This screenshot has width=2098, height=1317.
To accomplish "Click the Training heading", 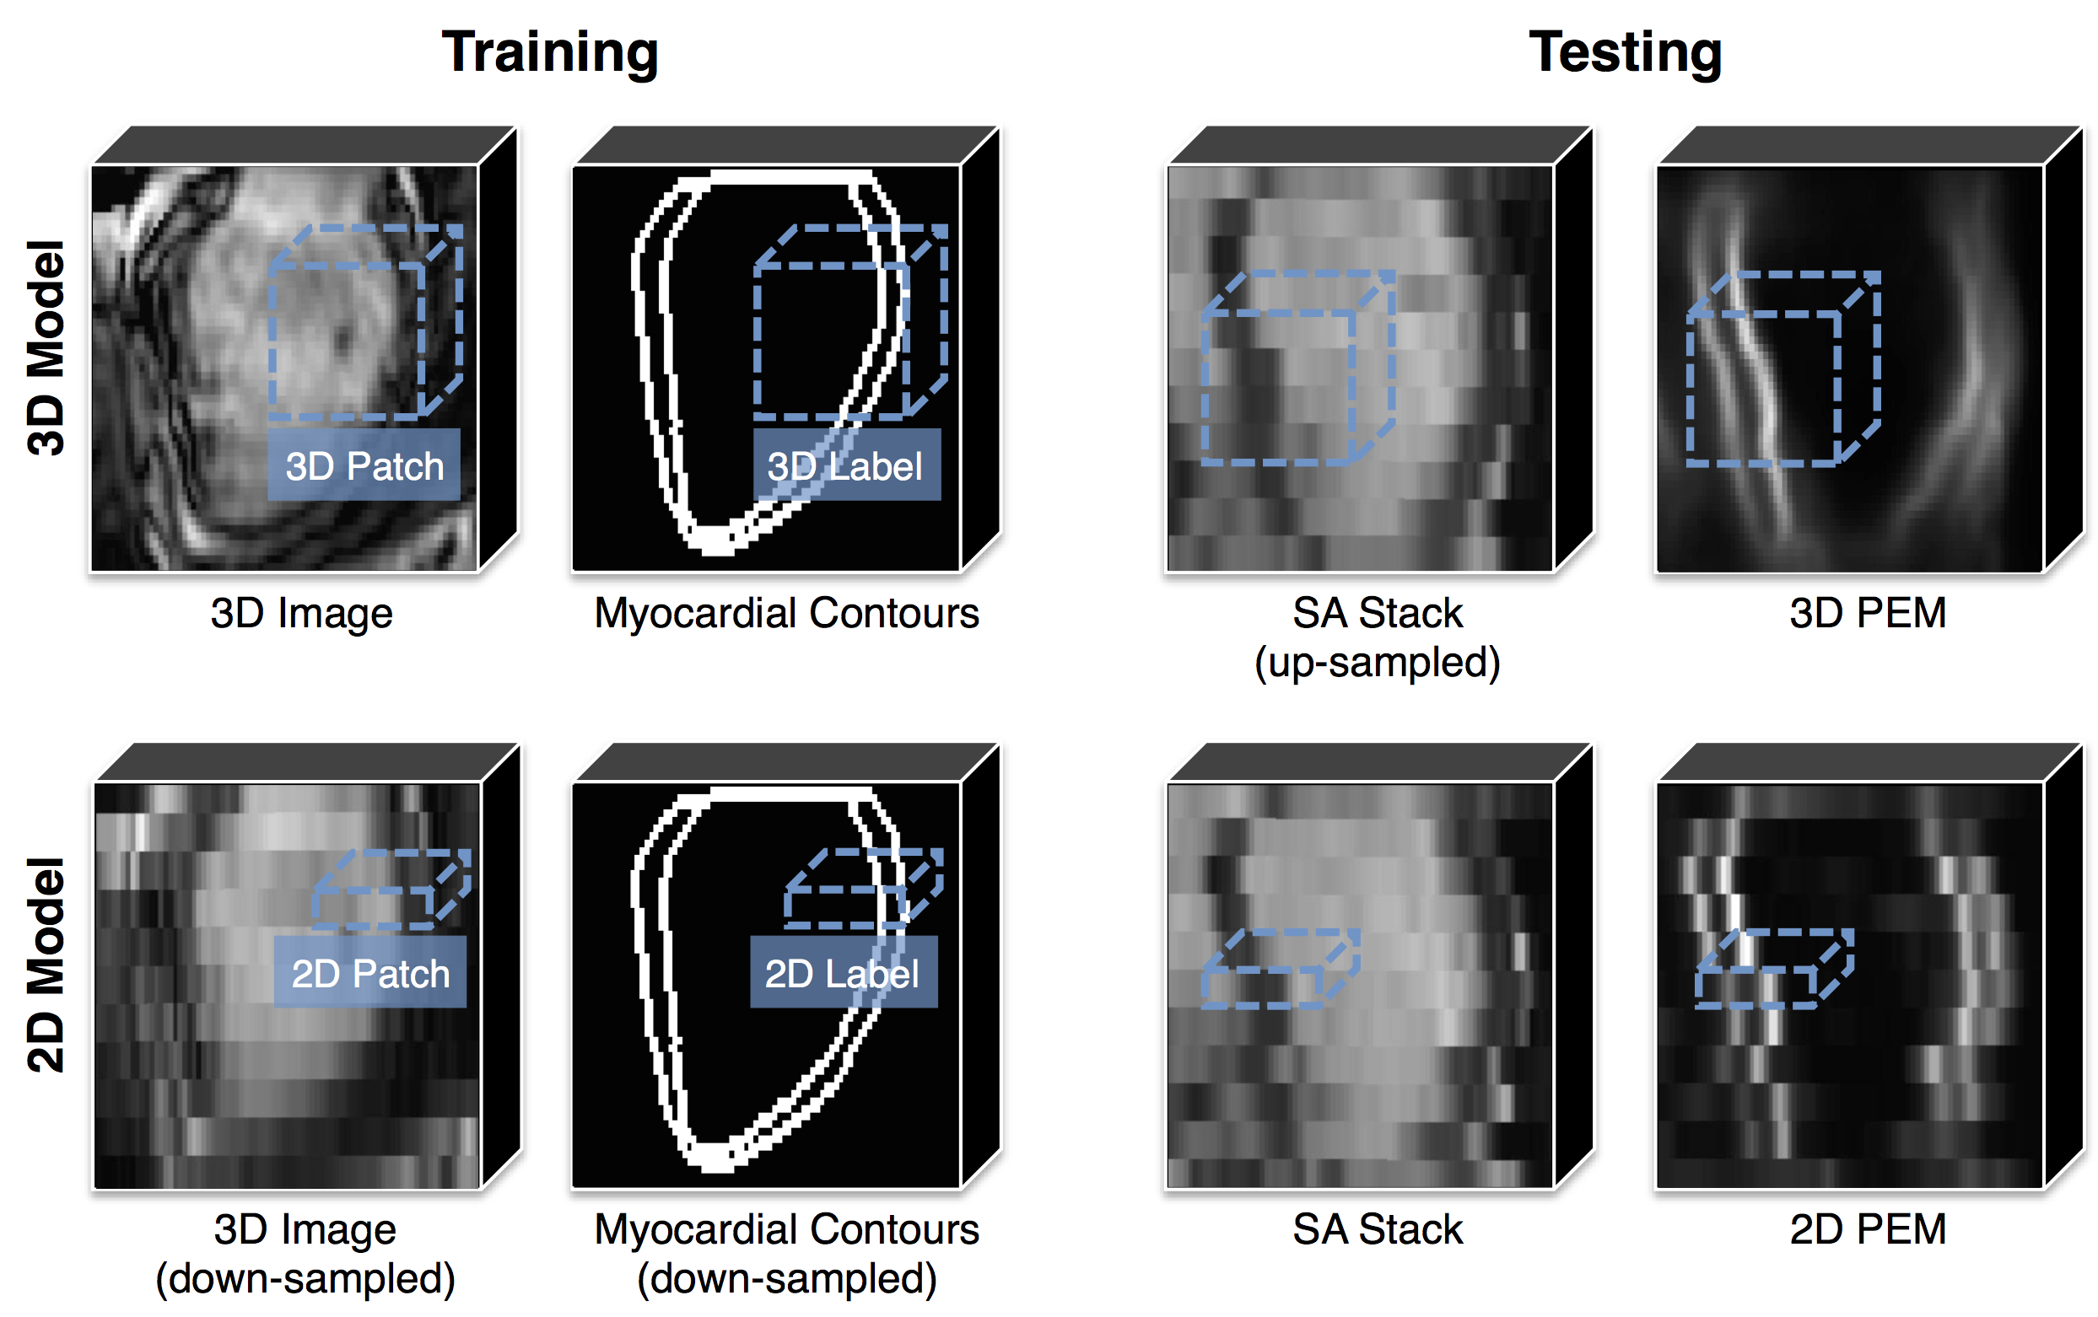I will [x=550, y=52].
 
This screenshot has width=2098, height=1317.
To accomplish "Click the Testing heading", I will [x=1625, y=52].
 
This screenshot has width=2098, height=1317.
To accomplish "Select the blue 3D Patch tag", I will [x=364, y=465].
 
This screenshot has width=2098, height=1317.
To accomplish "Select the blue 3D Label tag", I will [x=846, y=465].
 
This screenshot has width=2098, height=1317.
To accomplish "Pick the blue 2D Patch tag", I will [x=370, y=973].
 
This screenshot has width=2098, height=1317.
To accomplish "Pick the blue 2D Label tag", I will [x=843, y=973].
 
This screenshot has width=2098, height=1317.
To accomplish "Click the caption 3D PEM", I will [x=1867, y=613].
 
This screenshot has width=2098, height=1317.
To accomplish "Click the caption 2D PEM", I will [x=1867, y=1230].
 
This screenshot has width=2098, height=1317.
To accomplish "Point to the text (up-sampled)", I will [x=1377, y=662].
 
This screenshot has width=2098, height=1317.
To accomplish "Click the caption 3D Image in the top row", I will [x=301, y=613].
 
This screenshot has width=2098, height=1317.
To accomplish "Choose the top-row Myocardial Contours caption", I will [x=786, y=613].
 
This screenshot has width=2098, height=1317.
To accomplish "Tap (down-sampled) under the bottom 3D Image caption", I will [x=305, y=1279].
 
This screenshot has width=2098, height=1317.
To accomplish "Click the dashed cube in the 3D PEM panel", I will [x=1782, y=369].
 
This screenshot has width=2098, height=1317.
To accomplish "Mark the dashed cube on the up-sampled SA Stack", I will [x=1297, y=369].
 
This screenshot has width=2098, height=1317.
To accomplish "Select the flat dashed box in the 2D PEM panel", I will [x=1773, y=969].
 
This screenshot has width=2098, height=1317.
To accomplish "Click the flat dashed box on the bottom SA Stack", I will [x=1279, y=969].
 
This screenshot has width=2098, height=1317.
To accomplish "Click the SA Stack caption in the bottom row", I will [x=1377, y=1230].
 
